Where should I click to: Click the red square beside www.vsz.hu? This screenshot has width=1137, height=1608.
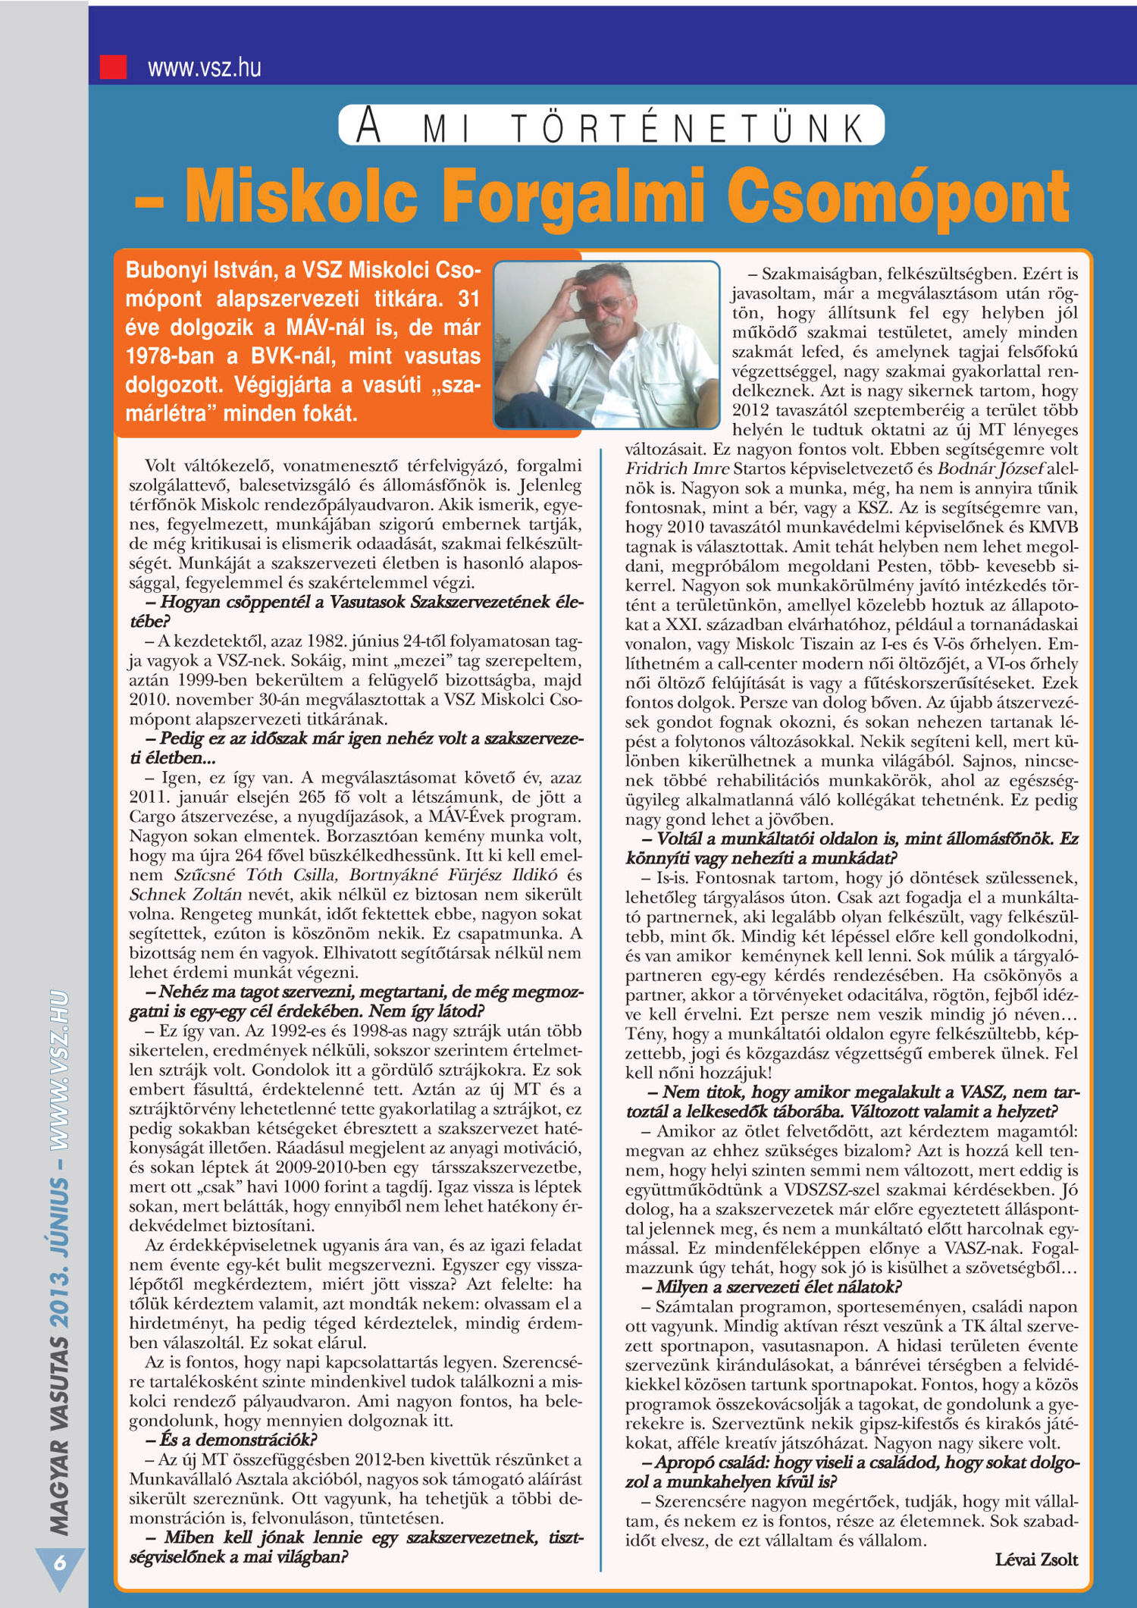(x=114, y=67)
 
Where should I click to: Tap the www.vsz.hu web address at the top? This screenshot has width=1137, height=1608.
(x=205, y=67)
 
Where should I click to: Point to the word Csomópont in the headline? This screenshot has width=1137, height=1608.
(x=898, y=197)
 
